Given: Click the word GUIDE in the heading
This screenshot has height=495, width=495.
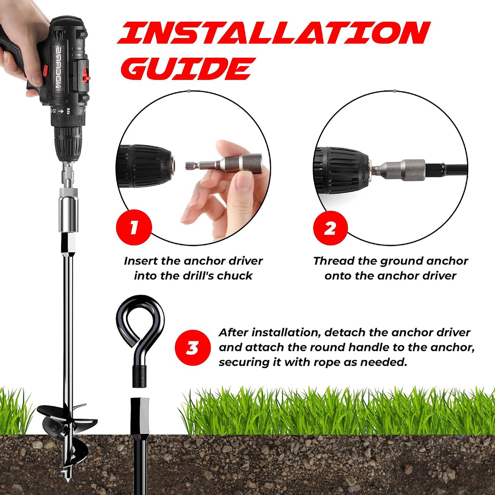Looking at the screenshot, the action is click(x=188, y=68).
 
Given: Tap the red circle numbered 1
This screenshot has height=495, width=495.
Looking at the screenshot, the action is click(x=134, y=227).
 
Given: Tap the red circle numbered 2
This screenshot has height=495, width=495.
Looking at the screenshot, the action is click(x=330, y=228).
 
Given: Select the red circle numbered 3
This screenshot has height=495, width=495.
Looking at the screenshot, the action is click(x=193, y=348).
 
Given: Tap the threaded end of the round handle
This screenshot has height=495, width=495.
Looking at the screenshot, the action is click(x=140, y=376).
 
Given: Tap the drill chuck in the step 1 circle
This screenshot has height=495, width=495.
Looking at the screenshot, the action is click(x=146, y=166).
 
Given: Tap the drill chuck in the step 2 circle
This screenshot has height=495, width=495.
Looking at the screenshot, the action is click(x=342, y=170).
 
